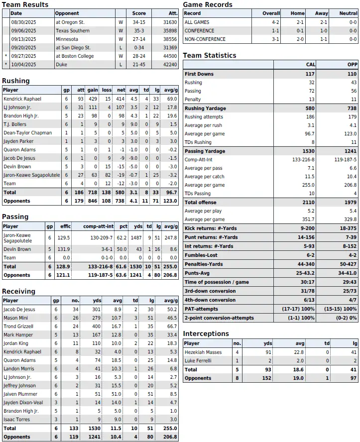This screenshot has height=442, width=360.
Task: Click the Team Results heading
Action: click(25, 4)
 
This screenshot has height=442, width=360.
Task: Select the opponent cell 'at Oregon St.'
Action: click(70, 22)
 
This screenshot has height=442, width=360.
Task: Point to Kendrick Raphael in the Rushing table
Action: click(22, 99)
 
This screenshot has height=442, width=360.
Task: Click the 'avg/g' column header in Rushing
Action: click(170, 90)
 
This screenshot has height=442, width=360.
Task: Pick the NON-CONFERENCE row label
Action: click(205, 39)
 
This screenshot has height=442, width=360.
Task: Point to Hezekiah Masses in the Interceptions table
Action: click(204, 352)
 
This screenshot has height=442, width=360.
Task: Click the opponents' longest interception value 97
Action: click(354, 378)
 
